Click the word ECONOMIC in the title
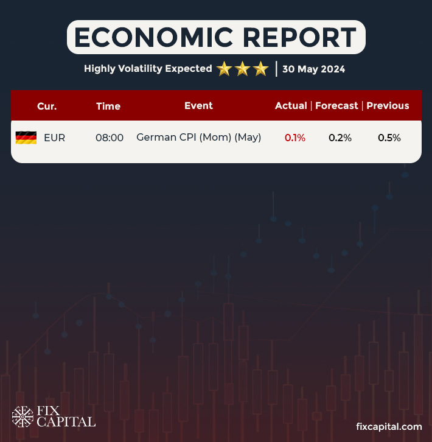148,38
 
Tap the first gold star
224,69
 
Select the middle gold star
242,69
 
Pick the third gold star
260,69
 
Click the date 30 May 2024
313,69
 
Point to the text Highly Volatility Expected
148,69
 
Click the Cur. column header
47,106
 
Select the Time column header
108,106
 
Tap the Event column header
198,105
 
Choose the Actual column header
291,105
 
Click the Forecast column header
336,105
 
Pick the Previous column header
388,105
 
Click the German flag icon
26,138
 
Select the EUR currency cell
54,138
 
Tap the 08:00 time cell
110,138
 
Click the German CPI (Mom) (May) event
199,138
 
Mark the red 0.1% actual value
295,138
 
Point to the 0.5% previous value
389,138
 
